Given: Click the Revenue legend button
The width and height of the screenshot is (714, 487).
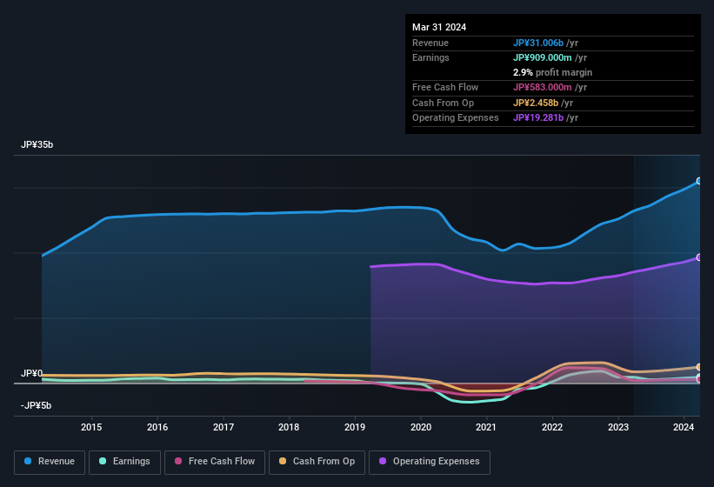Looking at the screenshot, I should pyautogui.click(x=50, y=461).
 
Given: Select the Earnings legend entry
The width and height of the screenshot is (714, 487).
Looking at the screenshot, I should pyautogui.click(x=124, y=461).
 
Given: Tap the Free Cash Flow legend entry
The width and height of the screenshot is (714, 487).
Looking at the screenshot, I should pyautogui.click(x=217, y=461).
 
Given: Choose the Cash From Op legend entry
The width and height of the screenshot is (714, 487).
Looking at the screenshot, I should pyautogui.click(x=316, y=461).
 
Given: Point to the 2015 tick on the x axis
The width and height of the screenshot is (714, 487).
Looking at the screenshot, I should pyautogui.click(x=91, y=427).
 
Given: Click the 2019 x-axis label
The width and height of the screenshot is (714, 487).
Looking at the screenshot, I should pyautogui.click(x=355, y=427).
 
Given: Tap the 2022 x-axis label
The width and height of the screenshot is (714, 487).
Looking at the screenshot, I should pyautogui.click(x=552, y=427).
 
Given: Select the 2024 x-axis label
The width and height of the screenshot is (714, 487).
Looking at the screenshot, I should pyautogui.click(x=684, y=427).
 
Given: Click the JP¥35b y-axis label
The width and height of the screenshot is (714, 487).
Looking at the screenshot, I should pyautogui.click(x=37, y=145).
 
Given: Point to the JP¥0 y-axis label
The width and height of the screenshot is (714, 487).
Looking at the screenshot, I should pyautogui.click(x=31, y=374).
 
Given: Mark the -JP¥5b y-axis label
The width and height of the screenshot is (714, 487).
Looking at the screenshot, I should pyautogui.click(x=37, y=405).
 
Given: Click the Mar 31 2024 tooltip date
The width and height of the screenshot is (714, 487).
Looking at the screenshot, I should pyautogui.click(x=439, y=27).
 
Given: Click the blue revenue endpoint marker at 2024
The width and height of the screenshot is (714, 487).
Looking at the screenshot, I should pyautogui.click(x=698, y=182).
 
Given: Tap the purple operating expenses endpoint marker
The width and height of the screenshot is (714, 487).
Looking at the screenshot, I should pyautogui.click(x=698, y=257).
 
